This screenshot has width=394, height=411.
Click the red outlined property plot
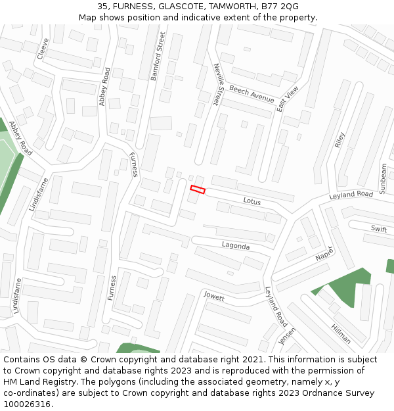198,190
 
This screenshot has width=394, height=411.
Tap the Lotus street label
253,200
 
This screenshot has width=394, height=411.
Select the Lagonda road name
236,246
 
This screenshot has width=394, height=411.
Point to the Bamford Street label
158,57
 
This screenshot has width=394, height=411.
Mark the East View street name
288,99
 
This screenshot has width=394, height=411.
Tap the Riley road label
339,139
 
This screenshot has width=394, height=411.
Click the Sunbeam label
383,178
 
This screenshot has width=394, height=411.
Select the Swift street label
379,228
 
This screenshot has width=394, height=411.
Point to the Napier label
324,254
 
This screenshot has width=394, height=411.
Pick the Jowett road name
213,297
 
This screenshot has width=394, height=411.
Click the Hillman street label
341,335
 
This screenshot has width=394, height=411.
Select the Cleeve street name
43,48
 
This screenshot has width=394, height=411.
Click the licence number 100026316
27,404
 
